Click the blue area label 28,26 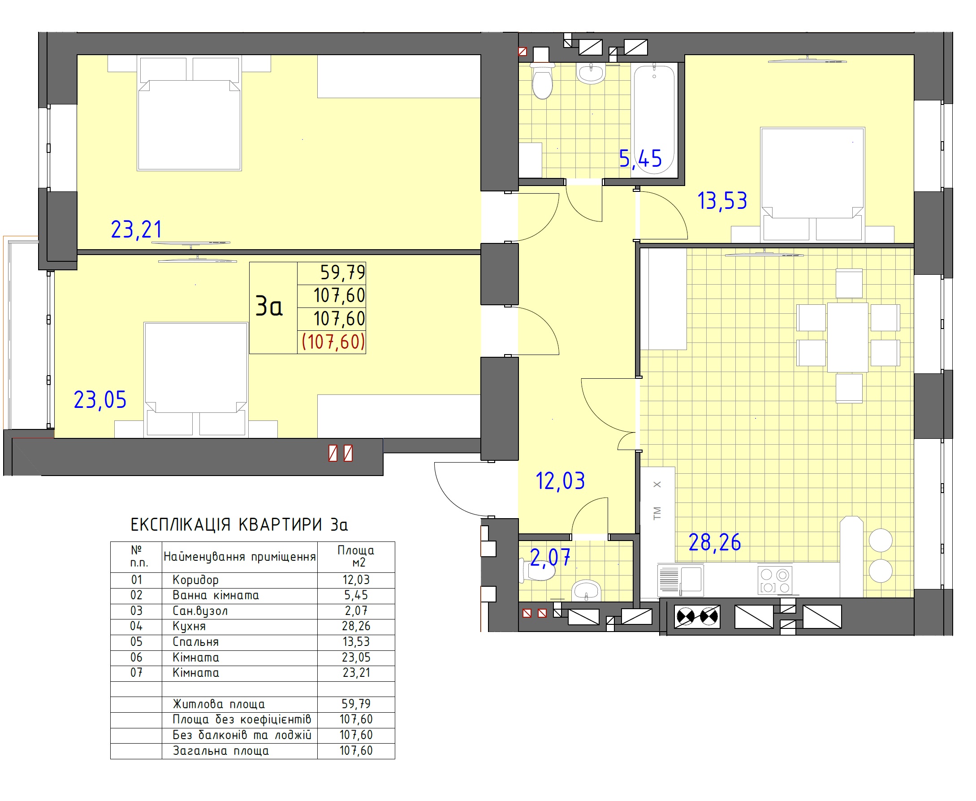point(714,542)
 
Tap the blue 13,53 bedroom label point(722,201)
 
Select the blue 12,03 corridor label point(560,481)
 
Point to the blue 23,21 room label point(137,229)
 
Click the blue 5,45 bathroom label point(640,159)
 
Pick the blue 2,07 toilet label point(550,557)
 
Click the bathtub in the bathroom point(654,120)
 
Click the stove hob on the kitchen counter point(775,580)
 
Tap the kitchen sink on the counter point(680,578)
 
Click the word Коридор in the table point(195,580)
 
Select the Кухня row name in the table point(189,626)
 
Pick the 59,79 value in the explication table point(356,704)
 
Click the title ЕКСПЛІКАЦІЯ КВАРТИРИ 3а point(239,524)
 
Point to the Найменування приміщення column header point(240,556)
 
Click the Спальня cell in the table point(195,642)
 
